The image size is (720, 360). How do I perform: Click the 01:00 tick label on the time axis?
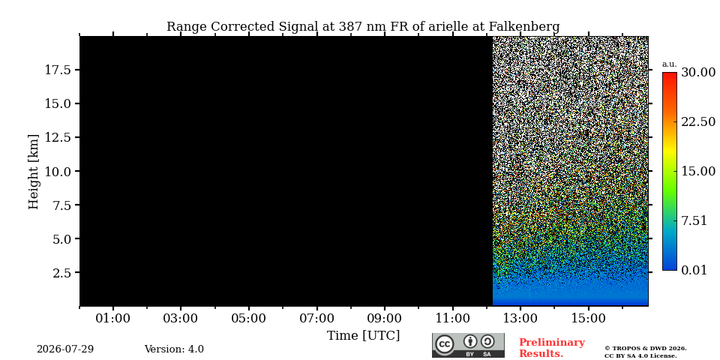pos(113,318)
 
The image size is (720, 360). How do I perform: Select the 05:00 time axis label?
pos(249,318)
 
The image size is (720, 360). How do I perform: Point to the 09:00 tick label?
pos(385,318)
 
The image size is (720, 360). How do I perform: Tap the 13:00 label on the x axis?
pos(520,318)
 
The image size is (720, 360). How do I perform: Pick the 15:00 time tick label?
pos(589,318)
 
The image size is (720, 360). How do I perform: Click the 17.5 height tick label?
pos(58,70)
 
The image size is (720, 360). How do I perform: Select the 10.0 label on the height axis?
pos(58,171)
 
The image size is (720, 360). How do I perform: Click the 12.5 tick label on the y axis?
pos(58,137)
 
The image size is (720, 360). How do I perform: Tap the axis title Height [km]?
pos(34,172)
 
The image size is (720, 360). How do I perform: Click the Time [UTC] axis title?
pos(363,336)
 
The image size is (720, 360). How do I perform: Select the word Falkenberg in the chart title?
pos(524,27)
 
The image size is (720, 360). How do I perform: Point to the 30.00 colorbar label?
pos(698,73)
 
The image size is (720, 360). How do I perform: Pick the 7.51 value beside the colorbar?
pos(694,220)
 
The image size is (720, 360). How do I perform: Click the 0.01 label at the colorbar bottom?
pos(694,270)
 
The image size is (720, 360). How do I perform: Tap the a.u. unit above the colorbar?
pos(670,64)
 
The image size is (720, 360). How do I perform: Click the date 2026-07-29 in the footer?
pos(65,349)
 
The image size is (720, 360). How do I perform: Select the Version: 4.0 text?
pos(174,349)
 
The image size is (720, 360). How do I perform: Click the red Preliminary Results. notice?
pos(552,348)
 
